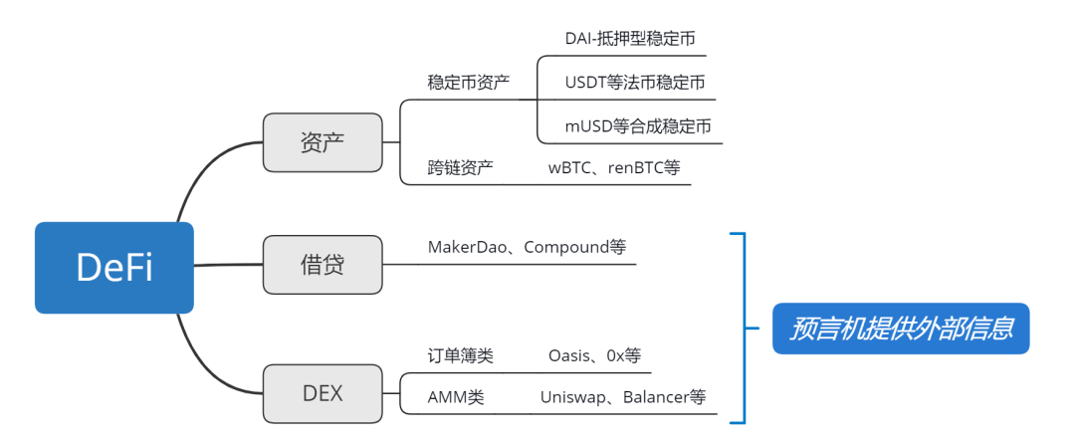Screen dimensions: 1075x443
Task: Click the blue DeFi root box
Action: pos(114,268)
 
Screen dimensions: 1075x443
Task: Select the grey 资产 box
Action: pos(322,142)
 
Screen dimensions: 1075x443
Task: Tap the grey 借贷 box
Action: pos(322,265)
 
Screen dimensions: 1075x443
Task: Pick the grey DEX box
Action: pos(322,393)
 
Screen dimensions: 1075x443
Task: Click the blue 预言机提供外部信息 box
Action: pos(901,329)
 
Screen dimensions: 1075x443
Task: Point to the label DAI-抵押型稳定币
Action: pos(630,39)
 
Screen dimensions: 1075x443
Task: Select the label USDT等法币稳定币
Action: pos(635,83)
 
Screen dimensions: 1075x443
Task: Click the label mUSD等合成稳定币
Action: pos(638,126)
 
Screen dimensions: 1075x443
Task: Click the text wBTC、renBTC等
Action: pos(614,167)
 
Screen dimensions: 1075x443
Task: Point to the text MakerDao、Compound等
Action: pos(527,247)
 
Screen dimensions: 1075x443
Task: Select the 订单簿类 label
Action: pos(460,356)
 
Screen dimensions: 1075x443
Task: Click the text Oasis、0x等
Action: pos(595,356)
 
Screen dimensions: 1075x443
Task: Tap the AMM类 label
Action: pos(456,397)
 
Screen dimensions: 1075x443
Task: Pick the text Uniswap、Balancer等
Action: pos(623,397)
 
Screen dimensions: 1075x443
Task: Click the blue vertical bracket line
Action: pos(745,329)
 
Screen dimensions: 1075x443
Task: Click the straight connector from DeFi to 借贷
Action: pos(228,265)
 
